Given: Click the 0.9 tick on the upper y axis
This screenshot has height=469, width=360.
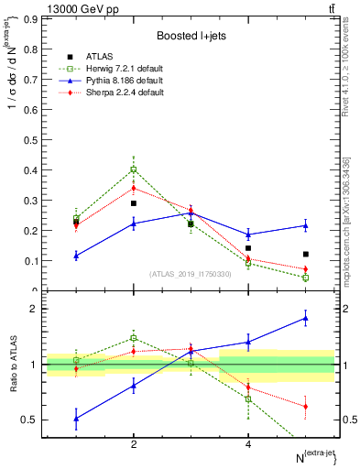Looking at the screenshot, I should [x=31, y=18].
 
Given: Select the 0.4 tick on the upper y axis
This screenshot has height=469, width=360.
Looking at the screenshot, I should [x=31, y=169].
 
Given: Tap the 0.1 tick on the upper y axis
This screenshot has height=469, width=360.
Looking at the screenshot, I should [x=31, y=260].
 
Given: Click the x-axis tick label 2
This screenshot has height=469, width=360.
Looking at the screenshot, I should [x=134, y=444].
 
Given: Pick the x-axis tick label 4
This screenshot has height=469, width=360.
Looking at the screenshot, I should [x=248, y=444].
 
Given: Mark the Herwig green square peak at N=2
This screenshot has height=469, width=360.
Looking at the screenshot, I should [x=134, y=169].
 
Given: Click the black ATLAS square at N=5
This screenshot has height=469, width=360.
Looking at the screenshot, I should [x=306, y=254].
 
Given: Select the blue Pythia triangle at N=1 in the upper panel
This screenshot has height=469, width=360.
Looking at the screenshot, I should [x=76, y=256].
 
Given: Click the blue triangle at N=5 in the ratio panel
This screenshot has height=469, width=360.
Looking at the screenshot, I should [x=306, y=319].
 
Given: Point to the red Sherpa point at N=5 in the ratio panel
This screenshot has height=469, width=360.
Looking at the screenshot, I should [x=306, y=406].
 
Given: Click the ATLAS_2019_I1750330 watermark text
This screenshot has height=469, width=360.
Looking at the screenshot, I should [x=191, y=274].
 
